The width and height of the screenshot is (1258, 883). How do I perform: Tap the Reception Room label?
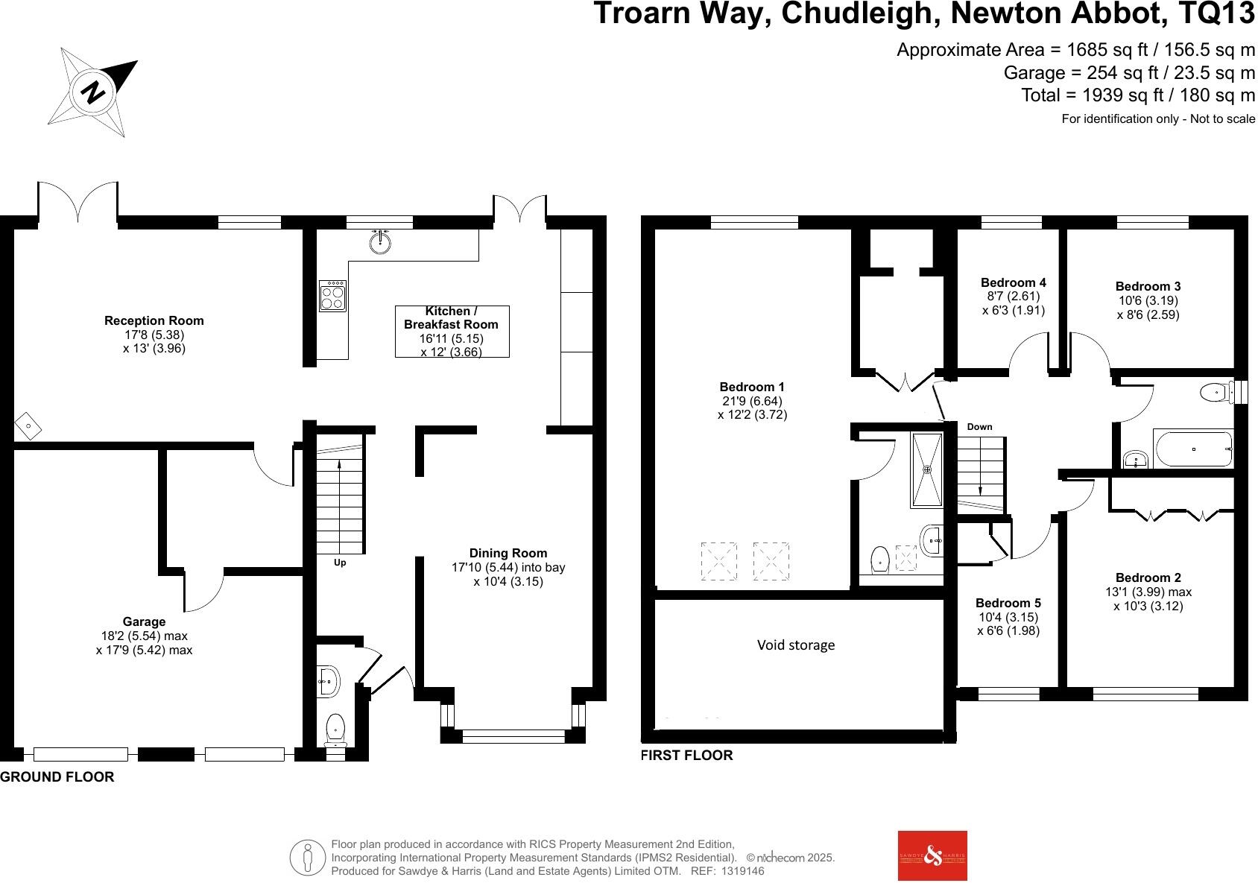(x=154, y=321)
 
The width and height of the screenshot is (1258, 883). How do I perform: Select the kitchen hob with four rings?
(x=332, y=296)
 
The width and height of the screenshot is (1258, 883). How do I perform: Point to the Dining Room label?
(x=508, y=553)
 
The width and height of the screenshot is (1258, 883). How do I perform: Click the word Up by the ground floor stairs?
(x=340, y=563)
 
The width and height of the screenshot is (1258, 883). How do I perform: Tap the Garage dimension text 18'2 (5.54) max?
(x=144, y=636)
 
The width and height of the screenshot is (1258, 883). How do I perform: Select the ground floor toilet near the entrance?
(x=336, y=727)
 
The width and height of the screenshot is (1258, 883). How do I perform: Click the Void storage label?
(x=796, y=645)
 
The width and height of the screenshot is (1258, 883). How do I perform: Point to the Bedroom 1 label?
(x=752, y=387)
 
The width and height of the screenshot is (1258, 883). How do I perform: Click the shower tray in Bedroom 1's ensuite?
(x=927, y=469)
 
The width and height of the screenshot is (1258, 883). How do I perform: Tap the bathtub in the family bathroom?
(x=1192, y=449)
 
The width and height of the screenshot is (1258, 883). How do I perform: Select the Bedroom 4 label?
(x=1014, y=282)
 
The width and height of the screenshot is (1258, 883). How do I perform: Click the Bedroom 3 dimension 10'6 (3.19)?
(x=1148, y=300)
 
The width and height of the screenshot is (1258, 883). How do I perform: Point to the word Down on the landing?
(x=979, y=427)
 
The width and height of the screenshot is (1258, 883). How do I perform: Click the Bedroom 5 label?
(x=1008, y=603)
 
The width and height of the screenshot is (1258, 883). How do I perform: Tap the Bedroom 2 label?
(x=1148, y=577)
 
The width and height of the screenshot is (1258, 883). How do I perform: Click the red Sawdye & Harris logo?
(x=932, y=855)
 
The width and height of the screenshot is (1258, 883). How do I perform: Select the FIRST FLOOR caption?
(x=687, y=756)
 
